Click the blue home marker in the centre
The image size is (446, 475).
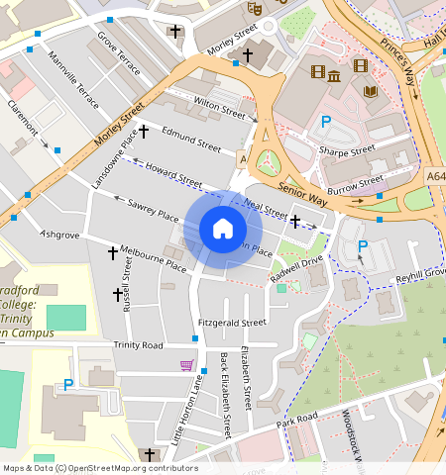(x=223, y=230)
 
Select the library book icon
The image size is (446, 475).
(x=371, y=91)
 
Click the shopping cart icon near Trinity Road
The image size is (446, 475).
(x=186, y=365)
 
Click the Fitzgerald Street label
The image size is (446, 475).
(x=232, y=323)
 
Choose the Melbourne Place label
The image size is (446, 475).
(x=153, y=259)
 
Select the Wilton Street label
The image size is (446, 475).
(x=219, y=102)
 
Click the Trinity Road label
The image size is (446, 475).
(x=138, y=345)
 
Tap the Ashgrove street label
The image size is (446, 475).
(x=58, y=236)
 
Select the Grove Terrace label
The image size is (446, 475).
(x=118, y=54)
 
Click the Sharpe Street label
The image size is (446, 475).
(x=347, y=150)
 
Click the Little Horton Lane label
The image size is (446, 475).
(x=185, y=416)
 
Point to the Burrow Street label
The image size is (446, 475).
(x=357, y=182)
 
